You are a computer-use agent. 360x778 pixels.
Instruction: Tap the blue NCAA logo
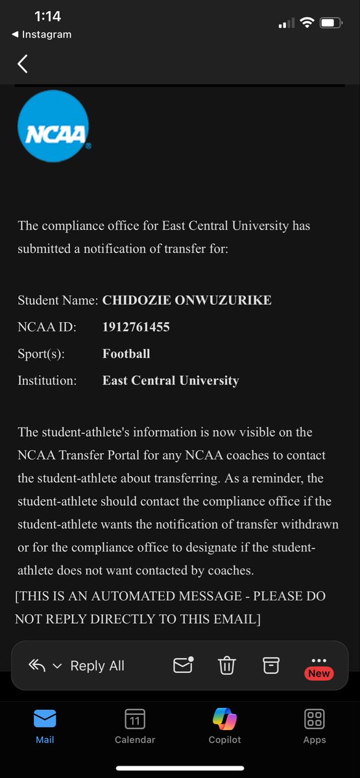(x=53, y=126)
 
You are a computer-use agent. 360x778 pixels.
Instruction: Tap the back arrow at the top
(x=23, y=64)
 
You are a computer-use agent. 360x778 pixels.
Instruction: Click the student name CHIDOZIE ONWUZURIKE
(x=187, y=300)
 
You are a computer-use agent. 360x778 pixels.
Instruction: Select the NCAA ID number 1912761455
(x=136, y=327)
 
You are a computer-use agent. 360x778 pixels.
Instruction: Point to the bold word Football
(x=126, y=353)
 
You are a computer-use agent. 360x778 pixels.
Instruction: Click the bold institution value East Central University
(x=171, y=381)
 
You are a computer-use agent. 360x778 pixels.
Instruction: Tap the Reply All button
(x=97, y=666)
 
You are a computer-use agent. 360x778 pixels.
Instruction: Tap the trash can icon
(x=226, y=666)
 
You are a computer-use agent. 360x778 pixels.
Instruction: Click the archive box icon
(x=270, y=665)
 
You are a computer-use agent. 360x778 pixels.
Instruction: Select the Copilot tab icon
(x=224, y=719)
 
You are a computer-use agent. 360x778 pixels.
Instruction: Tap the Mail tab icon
(x=45, y=719)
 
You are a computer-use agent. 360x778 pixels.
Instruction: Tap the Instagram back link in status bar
(x=42, y=34)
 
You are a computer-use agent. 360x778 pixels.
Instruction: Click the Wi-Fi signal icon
(x=306, y=23)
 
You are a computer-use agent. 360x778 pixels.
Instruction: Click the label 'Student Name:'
(x=58, y=300)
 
